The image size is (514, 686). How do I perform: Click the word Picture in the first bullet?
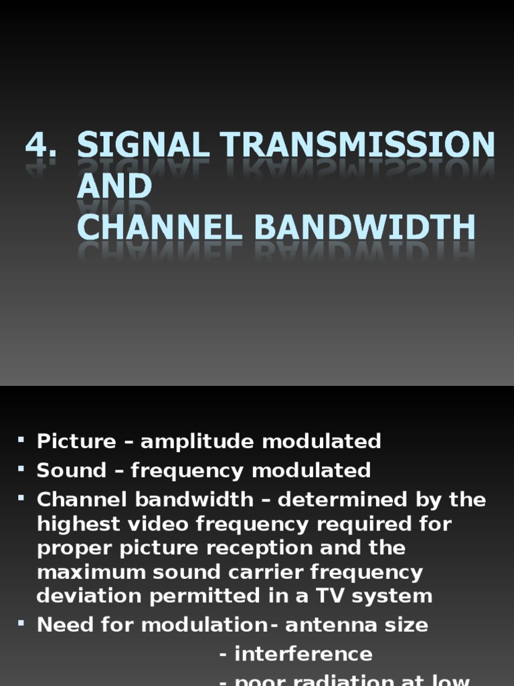click(76, 441)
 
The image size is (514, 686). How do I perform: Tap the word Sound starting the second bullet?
click(72, 470)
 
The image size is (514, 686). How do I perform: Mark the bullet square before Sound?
click(21, 468)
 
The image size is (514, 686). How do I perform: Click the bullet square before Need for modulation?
click(21, 623)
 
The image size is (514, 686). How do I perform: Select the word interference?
click(303, 654)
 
